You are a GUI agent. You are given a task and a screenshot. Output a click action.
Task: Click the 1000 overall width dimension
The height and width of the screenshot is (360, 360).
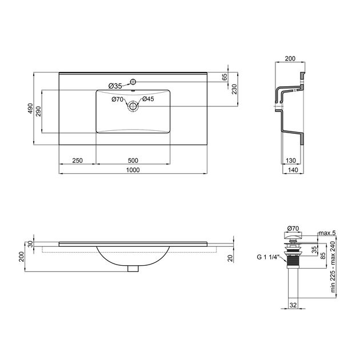coord(133,170)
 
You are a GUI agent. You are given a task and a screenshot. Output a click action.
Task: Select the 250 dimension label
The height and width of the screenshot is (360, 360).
coord(77,161)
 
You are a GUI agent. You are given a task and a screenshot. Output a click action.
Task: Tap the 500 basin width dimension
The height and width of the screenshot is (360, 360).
coord(133,161)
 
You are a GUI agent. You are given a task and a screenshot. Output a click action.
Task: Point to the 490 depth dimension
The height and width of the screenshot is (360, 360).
coord(30,109)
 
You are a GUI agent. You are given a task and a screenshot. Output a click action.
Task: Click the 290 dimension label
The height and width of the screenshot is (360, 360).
coord(38,111)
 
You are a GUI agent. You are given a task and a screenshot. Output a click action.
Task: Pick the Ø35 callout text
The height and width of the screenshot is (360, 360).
coord(115,86)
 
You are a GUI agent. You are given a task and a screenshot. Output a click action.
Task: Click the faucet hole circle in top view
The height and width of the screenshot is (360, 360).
coord(133,82)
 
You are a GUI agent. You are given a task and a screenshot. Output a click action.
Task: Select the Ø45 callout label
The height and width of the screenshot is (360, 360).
coord(148,99)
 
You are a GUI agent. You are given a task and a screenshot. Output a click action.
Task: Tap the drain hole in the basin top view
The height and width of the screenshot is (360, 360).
coord(133,106)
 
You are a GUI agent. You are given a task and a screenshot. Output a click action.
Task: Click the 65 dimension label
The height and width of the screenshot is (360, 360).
coord(225,77)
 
